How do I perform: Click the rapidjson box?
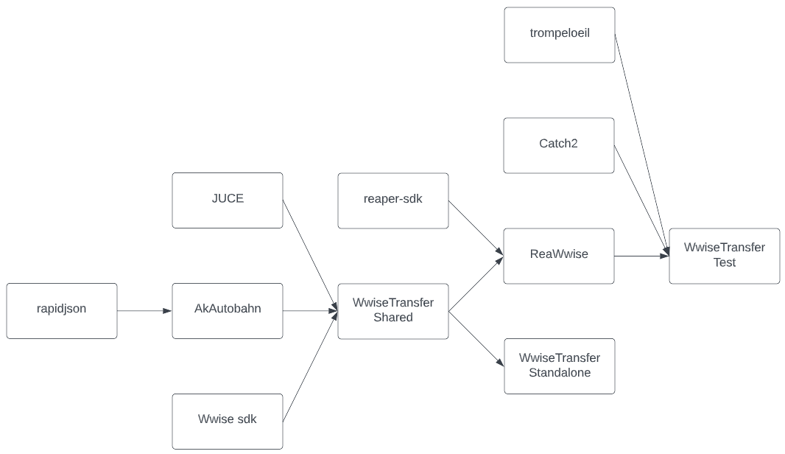(x=62, y=311)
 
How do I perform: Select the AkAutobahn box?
(x=228, y=311)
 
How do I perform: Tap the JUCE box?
(x=228, y=200)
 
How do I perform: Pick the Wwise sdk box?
(x=228, y=422)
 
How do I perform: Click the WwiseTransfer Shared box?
(x=393, y=311)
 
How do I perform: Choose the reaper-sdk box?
(x=393, y=200)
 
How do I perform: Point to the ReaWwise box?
(x=559, y=256)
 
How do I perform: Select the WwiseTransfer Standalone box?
(x=559, y=366)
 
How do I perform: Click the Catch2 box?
(x=559, y=145)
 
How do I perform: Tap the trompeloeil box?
(x=559, y=35)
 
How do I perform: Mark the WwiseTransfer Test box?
(x=725, y=256)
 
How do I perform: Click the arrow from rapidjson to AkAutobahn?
(x=144, y=311)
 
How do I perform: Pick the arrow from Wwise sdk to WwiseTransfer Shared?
(x=310, y=366)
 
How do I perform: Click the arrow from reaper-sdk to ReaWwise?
(x=476, y=228)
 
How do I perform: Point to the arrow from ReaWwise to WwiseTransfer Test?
(x=641, y=256)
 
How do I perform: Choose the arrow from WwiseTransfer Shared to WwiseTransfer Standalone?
(x=476, y=338)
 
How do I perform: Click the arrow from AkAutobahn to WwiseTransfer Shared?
(x=310, y=311)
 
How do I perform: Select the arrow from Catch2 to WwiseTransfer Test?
(x=641, y=200)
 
